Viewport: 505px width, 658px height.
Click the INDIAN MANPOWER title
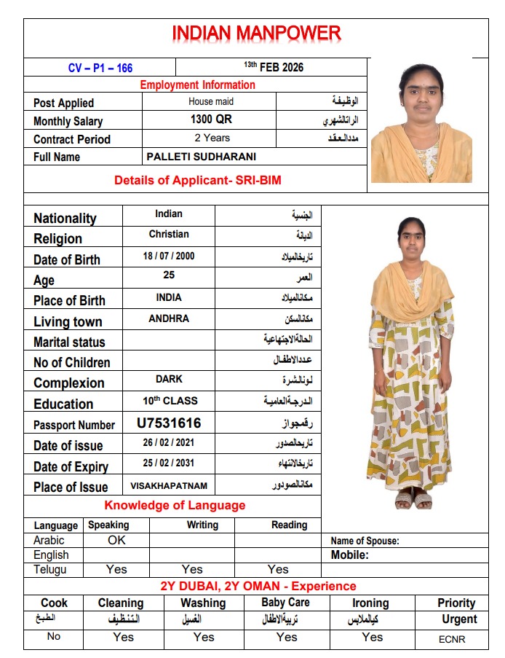click(256, 34)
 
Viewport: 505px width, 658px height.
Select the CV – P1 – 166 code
click(100, 68)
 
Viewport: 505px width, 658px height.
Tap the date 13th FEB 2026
click(273, 67)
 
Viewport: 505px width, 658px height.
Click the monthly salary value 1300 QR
click(211, 120)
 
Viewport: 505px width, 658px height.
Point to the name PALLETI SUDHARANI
click(201, 157)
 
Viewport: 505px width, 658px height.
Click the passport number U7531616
click(169, 423)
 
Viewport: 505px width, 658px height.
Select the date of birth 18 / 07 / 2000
click(169, 256)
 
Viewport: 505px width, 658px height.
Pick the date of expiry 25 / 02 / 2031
click(169, 463)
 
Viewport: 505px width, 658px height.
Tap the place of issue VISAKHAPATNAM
click(169, 485)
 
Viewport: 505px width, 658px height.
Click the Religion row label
click(57, 239)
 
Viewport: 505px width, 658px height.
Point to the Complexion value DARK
click(169, 380)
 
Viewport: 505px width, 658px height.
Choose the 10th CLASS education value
click(170, 401)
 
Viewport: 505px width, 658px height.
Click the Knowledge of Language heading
click(175, 506)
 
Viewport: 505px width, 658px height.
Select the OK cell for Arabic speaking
click(116, 541)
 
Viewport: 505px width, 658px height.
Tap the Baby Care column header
click(285, 603)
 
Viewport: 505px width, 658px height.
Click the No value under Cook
click(53, 637)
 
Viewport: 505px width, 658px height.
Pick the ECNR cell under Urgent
click(452, 639)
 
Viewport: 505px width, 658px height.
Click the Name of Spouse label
click(365, 541)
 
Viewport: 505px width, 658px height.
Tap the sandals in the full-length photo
click(413, 501)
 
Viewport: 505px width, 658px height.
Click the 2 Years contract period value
click(212, 138)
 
